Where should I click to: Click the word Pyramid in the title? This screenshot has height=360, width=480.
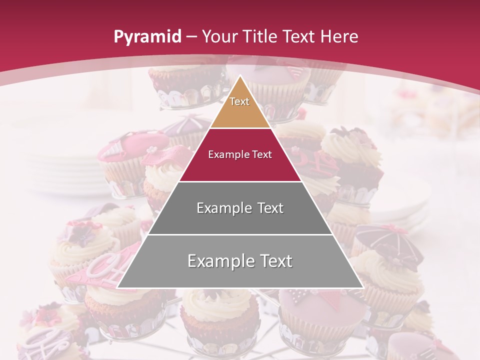[x=146, y=36]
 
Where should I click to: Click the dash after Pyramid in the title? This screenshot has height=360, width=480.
[x=191, y=37]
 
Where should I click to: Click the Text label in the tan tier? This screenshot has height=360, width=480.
[x=239, y=101]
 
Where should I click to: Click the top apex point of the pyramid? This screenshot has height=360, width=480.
[x=240, y=76]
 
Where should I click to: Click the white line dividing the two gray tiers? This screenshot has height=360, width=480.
[x=240, y=234]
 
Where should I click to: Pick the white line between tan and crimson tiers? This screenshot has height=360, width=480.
[x=240, y=128]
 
